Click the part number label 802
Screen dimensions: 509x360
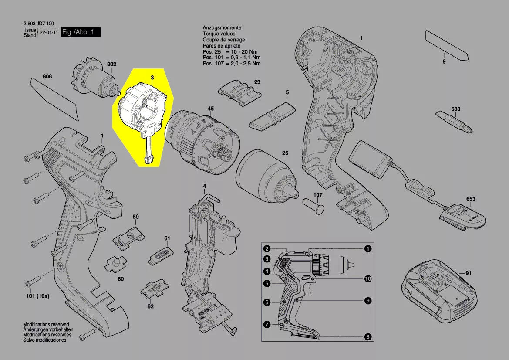click(111, 64)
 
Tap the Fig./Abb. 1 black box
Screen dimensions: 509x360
click(81, 32)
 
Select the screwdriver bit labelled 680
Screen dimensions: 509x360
click(454, 122)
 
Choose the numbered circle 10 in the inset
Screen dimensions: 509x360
click(368, 279)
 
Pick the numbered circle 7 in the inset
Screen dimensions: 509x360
click(267, 325)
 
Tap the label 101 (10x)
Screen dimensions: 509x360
click(37, 296)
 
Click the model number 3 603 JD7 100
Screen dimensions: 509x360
click(39, 24)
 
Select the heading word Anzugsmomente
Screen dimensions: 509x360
click(222, 27)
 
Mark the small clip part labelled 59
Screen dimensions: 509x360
click(128, 238)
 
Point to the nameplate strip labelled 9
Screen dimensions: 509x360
click(447, 45)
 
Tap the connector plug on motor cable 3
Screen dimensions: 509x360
click(149, 160)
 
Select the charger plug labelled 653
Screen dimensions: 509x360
click(462, 217)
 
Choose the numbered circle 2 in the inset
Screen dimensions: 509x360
click(267, 249)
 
